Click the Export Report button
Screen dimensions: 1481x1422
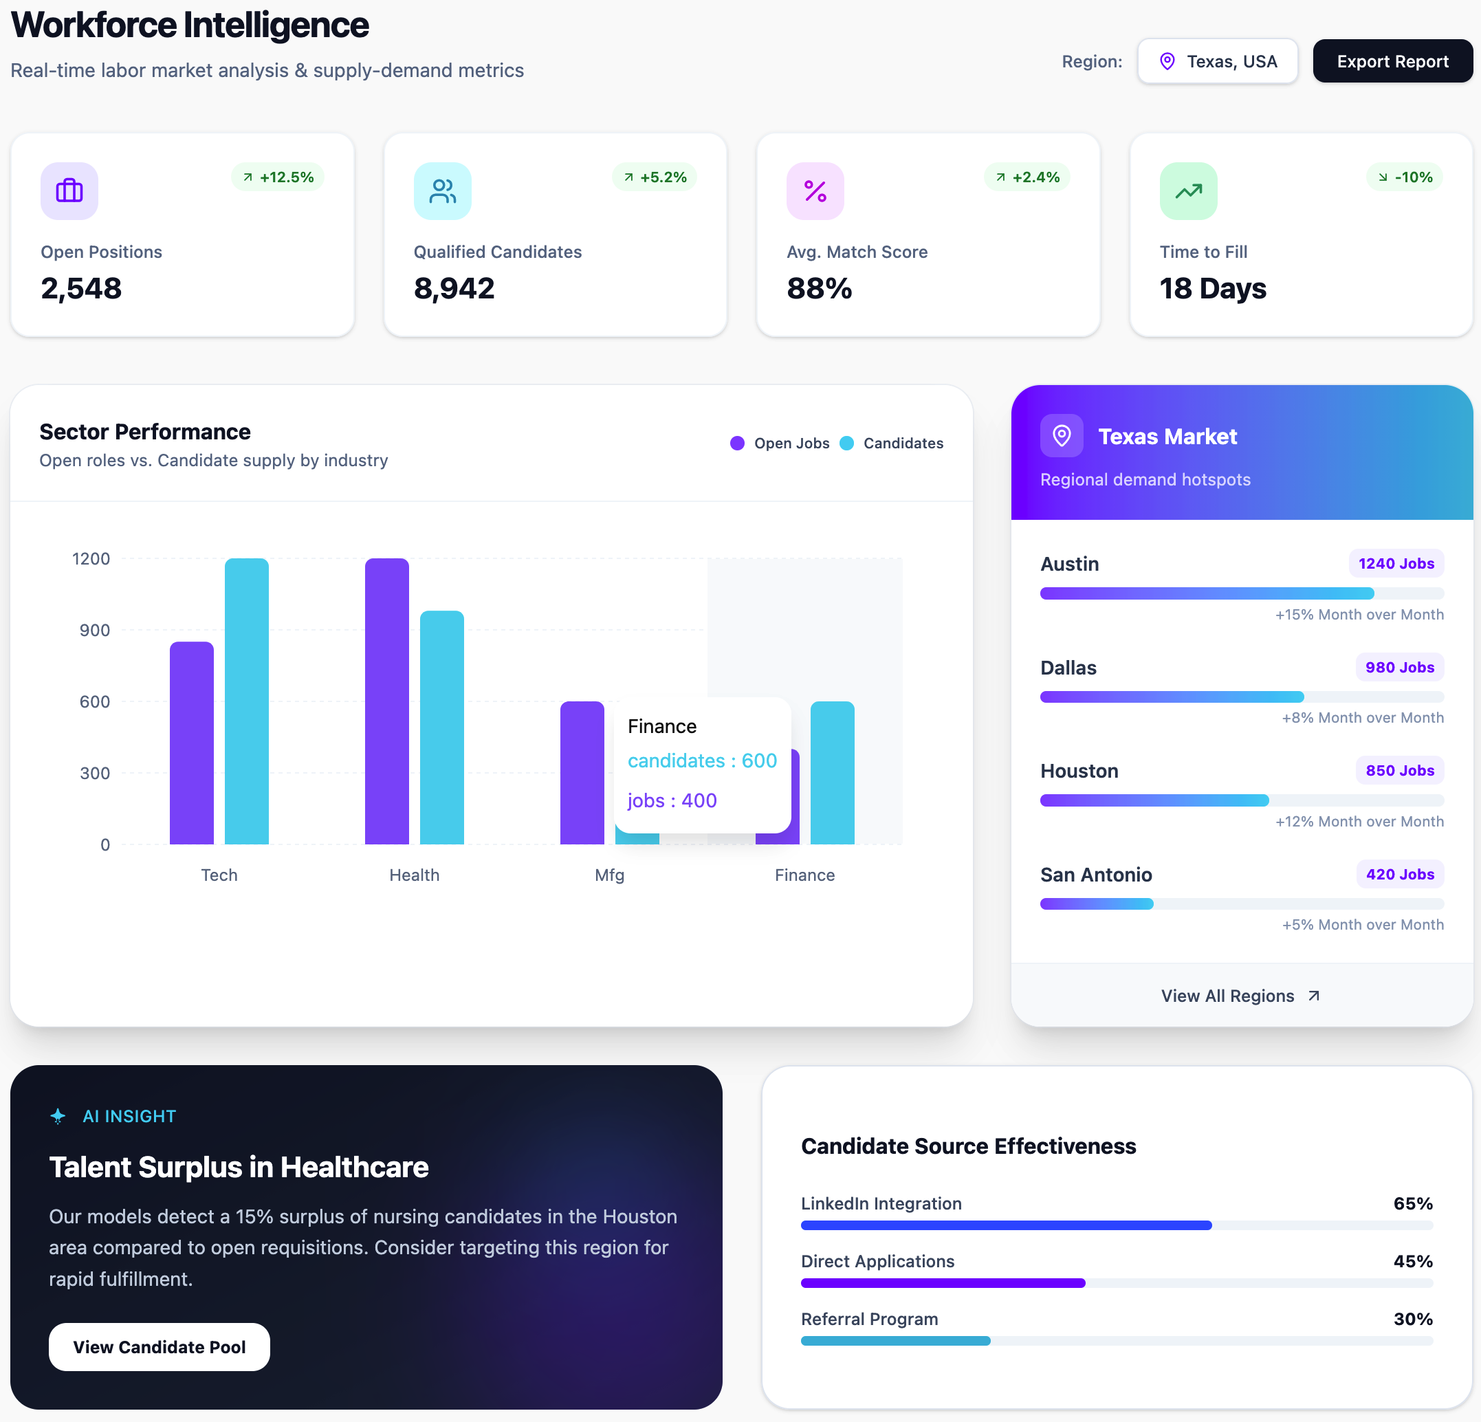pos(1392,61)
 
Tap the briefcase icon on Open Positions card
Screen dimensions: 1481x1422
pos(69,191)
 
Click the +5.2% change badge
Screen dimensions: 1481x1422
pos(655,177)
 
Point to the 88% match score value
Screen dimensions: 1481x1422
pos(819,288)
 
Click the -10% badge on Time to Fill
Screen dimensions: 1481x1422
pos(1405,177)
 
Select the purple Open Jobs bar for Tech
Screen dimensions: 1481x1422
pos(192,743)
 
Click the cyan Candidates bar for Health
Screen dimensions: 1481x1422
pos(442,727)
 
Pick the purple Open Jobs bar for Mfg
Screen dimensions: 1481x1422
pos(582,772)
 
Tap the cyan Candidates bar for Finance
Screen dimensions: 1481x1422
pos(833,772)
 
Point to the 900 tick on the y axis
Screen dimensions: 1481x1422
pos(94,630)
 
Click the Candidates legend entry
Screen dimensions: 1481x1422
pos(892,444)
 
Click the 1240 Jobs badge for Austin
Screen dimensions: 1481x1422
pos(1396,564)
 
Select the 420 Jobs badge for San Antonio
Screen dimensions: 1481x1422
pos(1400,874)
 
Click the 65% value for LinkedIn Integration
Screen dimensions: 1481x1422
pos(1413,1203)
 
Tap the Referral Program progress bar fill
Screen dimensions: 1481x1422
pos(895,1340)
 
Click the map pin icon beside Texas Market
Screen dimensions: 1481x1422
pos(1062,436)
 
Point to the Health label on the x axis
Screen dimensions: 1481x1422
pos(414,875)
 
